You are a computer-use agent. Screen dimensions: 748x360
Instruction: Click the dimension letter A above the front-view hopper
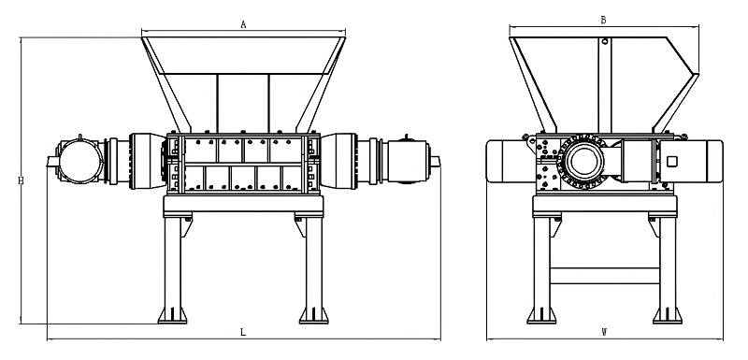pos(243,25)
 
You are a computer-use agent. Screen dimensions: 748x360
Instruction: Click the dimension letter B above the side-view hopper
pos(603,20)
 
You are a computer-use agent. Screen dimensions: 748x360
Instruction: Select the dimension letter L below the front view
pos(243,332)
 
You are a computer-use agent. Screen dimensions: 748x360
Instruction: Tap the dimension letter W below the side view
pos(604,332)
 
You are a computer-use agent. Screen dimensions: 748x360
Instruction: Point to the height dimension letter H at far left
pos(21,180)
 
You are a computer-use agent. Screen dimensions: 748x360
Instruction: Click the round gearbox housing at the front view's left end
pos(79,161)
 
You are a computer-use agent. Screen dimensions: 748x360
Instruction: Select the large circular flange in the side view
pos(582,161)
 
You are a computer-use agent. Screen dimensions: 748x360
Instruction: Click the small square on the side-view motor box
pos(671,162)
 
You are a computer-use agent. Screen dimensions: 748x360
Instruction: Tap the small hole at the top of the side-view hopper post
pos(604,41)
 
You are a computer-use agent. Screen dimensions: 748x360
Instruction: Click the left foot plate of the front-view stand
pos(172,316)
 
